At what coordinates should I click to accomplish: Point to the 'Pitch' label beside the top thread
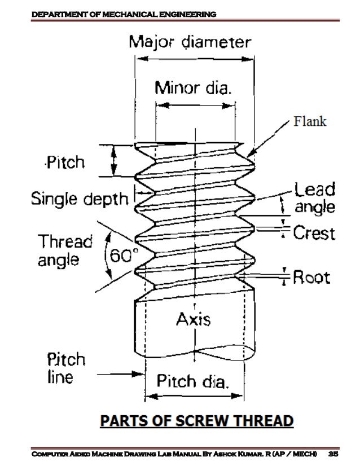coord(65,163)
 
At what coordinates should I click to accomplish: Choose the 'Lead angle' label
coord(314,197)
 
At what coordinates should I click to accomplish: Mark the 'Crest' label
coord(314,232)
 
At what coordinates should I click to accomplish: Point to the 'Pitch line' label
coord(65,368)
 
